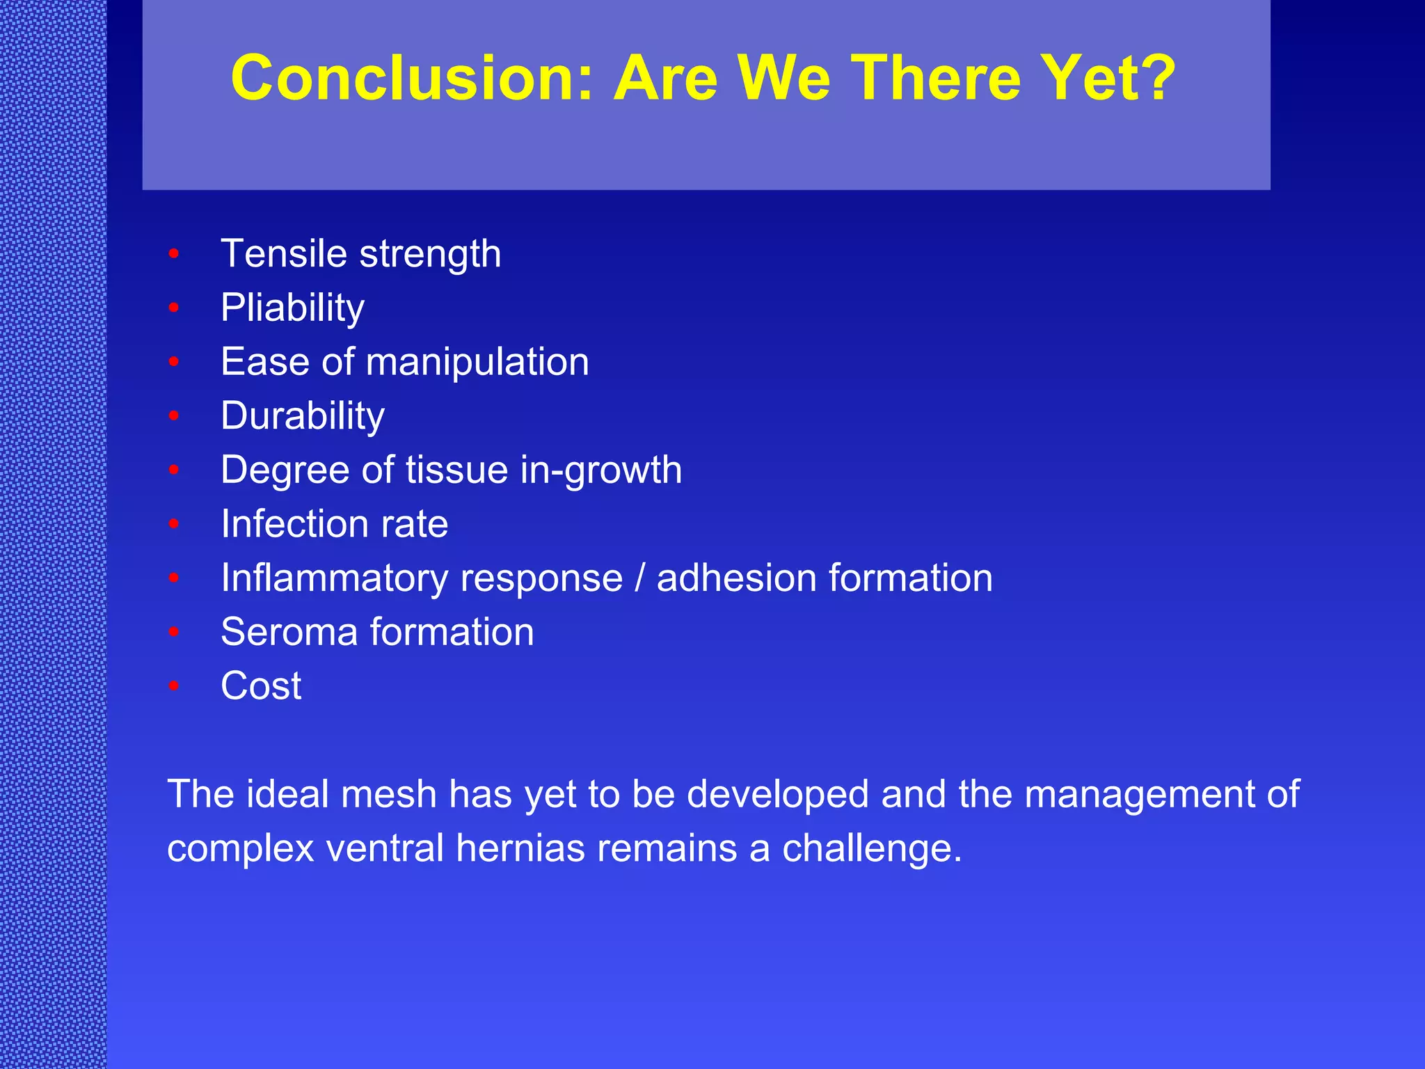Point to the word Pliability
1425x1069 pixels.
click(292, 308)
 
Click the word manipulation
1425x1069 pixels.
click(477, 363)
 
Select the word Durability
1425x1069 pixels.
click(302, 416)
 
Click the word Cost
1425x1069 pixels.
click(261, 686)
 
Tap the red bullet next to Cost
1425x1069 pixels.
click(174, 686)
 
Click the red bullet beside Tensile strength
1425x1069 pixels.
click(174, 254)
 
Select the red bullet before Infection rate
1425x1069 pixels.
click(174, 524)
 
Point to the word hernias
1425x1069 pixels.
click(520, 848)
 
